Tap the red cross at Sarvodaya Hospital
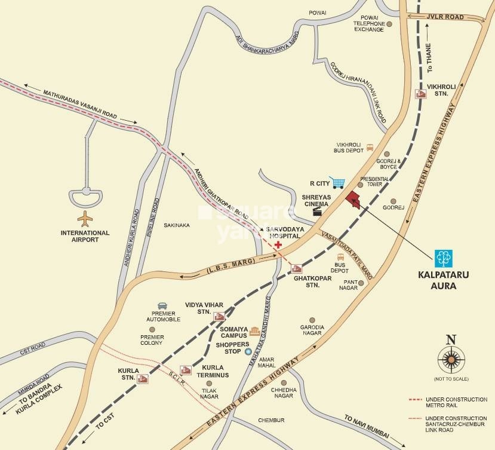point(278,246)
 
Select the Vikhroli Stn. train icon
point(420,94)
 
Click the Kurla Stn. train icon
point(143,378)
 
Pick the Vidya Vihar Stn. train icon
point(219,317)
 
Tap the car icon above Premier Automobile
point(162,306)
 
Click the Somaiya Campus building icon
point(255,331)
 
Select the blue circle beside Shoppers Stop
point(248,352)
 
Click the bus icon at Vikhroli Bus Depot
point(370,147)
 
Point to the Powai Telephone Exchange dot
point(389,25)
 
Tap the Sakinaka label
point(177,225)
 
